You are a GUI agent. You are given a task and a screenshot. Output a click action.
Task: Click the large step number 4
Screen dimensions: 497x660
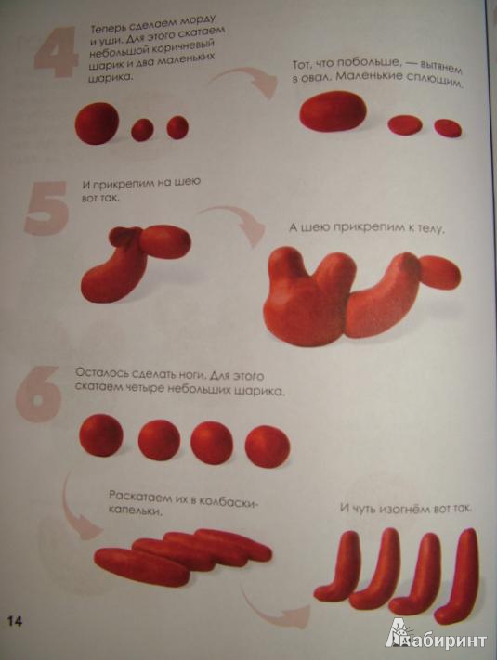click(56, 50)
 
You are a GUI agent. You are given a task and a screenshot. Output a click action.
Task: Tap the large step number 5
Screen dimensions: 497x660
click(46, 208)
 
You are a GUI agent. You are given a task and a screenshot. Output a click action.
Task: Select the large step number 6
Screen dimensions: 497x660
click(38, 393)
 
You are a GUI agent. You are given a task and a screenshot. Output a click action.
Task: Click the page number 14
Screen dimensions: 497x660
click(14, 621)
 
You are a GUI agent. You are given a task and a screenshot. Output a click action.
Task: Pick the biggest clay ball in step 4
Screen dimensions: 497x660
click(98, 124)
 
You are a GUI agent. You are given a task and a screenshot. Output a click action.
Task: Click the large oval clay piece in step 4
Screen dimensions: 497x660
click(332, 112)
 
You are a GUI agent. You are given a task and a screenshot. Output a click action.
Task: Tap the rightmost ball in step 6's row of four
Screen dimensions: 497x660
click(268, 446)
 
